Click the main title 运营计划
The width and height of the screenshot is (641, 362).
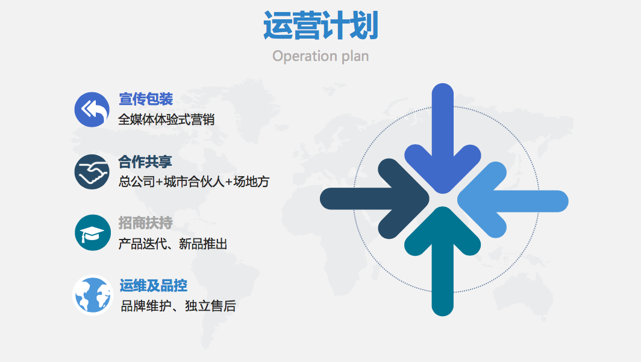click(x=320, y=25)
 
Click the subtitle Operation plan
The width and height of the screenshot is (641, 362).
click(x=320, y=56)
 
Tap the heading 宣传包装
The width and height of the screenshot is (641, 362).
click(x=146, y=99)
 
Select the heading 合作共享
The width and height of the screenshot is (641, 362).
click(x=145, y=162)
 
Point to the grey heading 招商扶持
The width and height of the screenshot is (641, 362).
click(x=146, y=223)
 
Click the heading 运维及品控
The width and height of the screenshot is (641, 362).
click(x=153, y=285)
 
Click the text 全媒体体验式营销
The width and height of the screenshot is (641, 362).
click(x=166, y=119)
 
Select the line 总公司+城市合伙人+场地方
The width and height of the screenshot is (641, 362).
click(x=194, y=182)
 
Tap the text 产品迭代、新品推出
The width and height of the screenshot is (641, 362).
click(x=172, y=244)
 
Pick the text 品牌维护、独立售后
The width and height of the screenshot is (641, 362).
click(x=178, y=306)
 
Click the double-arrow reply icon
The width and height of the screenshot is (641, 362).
click(x=92, y=109)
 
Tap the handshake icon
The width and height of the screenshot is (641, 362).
click(x=92, y=171)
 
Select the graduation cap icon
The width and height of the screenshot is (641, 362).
click(x=93, y=233)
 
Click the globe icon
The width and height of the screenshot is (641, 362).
click(x=92, y=295)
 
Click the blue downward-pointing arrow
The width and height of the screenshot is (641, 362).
click(x=443, y=139)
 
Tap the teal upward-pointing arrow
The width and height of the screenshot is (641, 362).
click(x=443, y=262)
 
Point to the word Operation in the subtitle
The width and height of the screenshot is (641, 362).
click(x=305, y=56)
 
